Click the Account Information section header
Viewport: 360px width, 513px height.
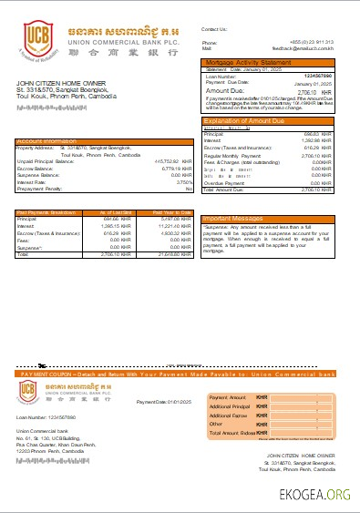(46, 141)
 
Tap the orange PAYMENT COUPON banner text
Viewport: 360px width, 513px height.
(173, 374)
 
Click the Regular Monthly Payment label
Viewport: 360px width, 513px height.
(228, 156)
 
